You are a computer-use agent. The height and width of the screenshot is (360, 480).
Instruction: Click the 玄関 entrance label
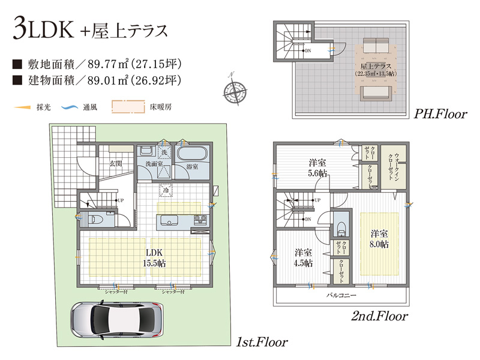pos(115,163)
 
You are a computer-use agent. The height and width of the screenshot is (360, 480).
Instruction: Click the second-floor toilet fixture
pos(340,227)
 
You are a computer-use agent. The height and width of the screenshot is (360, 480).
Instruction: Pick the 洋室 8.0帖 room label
pos(379,239)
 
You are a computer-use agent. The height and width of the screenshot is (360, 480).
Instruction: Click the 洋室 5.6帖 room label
pos(317,167)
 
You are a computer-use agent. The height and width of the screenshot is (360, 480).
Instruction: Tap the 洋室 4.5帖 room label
pos(302,257)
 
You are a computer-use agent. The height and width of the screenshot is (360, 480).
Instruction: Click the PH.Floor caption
pos(440,114)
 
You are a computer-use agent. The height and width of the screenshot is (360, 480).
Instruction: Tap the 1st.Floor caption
pos(261,342)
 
